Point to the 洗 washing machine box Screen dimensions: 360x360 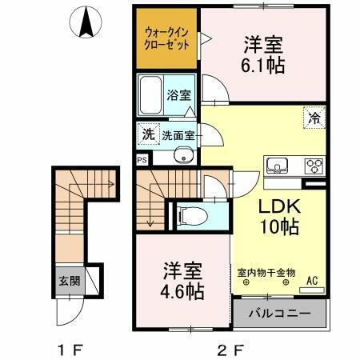[148, 134]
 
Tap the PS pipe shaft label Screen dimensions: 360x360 [142, 159]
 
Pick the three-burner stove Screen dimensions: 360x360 [313, 166]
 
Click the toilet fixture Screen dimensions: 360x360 [190, 214]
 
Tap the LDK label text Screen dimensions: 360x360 [278, 205]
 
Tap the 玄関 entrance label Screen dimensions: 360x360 [69, 281]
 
